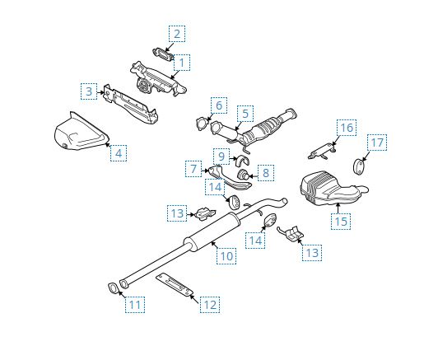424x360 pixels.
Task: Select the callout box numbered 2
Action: pos(176,34)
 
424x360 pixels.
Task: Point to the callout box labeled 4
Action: pos(119,152)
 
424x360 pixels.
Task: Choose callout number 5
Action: pos(245,114)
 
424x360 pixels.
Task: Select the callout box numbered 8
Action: pos(264,172)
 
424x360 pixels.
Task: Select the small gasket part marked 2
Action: pos(162,52)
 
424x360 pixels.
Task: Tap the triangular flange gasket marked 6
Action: pos(200,125)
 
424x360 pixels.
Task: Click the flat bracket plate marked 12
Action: pos(175,283)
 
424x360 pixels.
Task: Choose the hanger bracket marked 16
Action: pos(323,151)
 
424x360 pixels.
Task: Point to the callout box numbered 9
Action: pos(221,156)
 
